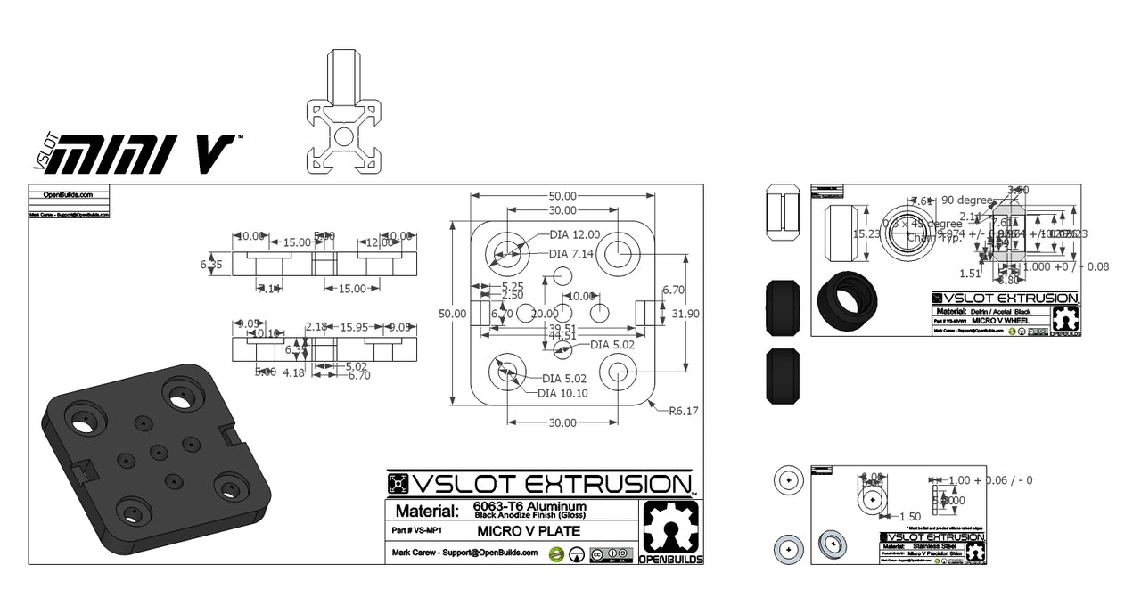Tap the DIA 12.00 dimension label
pyautogui.click(x=574, y=234)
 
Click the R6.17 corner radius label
pyautogui.click(x=684, y=411)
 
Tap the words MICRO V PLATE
pyautogui.click(x=529, y=531)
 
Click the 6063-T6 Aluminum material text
pyautogui.click(x=529, y=506)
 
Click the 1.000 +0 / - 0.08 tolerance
pyautogui.click(x=1065, y=266)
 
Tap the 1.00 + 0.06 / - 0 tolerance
pyautogui.click(x=990, y=480)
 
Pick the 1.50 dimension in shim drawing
pyautogui.click(x=909, y=516)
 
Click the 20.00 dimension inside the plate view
pyautogui.click(x=545, y=314)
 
